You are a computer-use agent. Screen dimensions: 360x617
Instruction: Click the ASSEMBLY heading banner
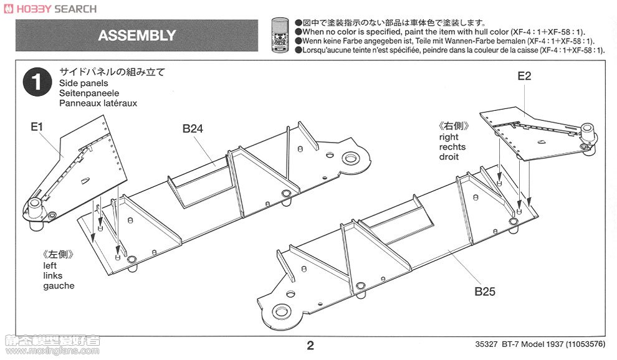coord(136,36)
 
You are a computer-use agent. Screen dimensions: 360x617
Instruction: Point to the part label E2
coord(524,76)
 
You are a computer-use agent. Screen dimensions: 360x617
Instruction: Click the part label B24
coord(193,129)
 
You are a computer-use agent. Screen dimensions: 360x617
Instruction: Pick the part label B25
coord(484,291)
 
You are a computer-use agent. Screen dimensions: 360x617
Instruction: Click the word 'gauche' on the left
coord(59,286)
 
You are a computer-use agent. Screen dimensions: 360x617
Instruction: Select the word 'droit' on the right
coord(449,157)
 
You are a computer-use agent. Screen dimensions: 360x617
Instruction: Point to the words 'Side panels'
coord(84,83)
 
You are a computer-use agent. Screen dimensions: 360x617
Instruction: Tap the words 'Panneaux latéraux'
coord(98,103)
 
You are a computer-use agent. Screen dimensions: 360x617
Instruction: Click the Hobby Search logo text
coord(50,9)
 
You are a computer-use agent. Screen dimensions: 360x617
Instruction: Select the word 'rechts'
coord(452,147)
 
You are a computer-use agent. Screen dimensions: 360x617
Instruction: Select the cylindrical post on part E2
coord(587,131)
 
